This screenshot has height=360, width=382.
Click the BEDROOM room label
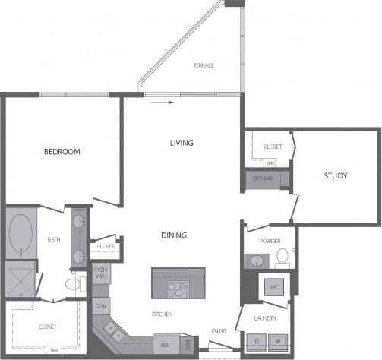pyautogui.click(x=62, y=152)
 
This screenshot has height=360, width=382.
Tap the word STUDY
pyautogui.click(x=335, y=176)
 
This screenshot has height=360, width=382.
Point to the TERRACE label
pyautogui.click(x=204, y=66)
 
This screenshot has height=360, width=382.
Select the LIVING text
pyautogui.click(x=181, y=143)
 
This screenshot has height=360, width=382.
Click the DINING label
pyautogui.click(x=173, y=235)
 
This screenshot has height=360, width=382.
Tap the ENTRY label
pyautogui.click(x=219, y=330)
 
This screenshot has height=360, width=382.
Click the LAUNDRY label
pyautogui.click(x=265, y=318)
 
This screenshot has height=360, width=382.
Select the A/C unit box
pyautogui.click(x=275, y=287)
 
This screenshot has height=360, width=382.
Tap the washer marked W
pyautogui.click(x=277, y=342)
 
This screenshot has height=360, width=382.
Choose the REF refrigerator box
pyautogui.click(x=165, y=344)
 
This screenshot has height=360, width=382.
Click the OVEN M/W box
pyautogui.click(x=100, y=273)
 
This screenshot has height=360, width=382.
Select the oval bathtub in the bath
pyautogui.click(x=21, y=235)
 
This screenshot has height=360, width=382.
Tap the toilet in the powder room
pyautogui.click(x=283, y=255)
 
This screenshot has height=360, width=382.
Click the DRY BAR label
pyautogui.click(x=262, y=179)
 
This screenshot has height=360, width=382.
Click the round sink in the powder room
pyautogui.click(x=257, y=261)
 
